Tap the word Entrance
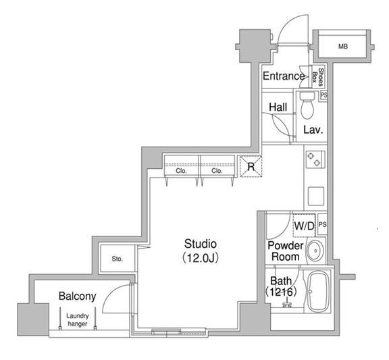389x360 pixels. [283, 76]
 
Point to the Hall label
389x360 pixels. [277, 107]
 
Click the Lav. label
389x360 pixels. [311, 130]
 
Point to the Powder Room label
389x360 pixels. [284, 251]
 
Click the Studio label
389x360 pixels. [201, 243]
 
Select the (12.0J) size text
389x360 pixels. [201, 257]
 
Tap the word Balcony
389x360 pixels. [77, 296]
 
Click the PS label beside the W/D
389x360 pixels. [322, 224]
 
